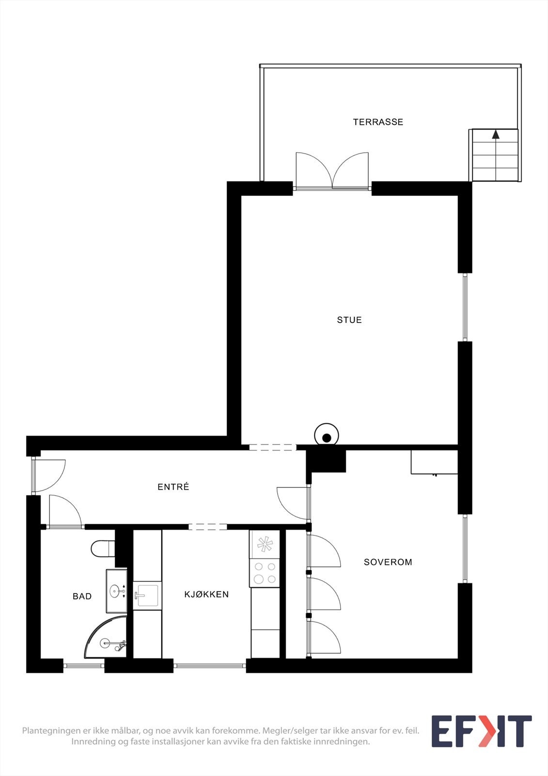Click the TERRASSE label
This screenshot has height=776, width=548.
378,122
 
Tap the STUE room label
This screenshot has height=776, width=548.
349,320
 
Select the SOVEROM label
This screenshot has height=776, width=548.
388,562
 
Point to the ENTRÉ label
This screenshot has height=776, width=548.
173,487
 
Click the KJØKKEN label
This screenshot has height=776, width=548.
206,595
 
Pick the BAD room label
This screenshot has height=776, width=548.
82,597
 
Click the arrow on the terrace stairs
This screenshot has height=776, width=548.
496,134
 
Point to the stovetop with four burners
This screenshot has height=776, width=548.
265,573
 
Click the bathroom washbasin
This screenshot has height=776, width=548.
116,591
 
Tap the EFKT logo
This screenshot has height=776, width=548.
481,731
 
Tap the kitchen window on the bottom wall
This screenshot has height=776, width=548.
210,666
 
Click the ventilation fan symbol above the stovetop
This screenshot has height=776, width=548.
265,544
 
